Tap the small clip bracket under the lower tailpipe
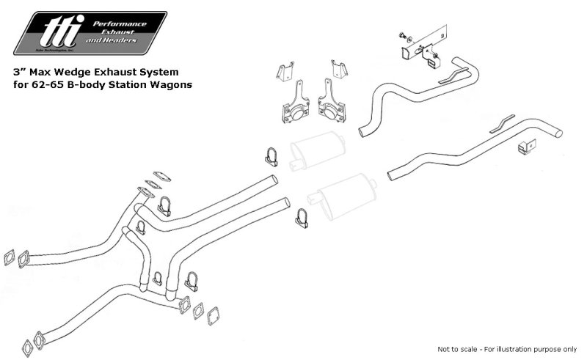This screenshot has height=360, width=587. coord(524,147)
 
